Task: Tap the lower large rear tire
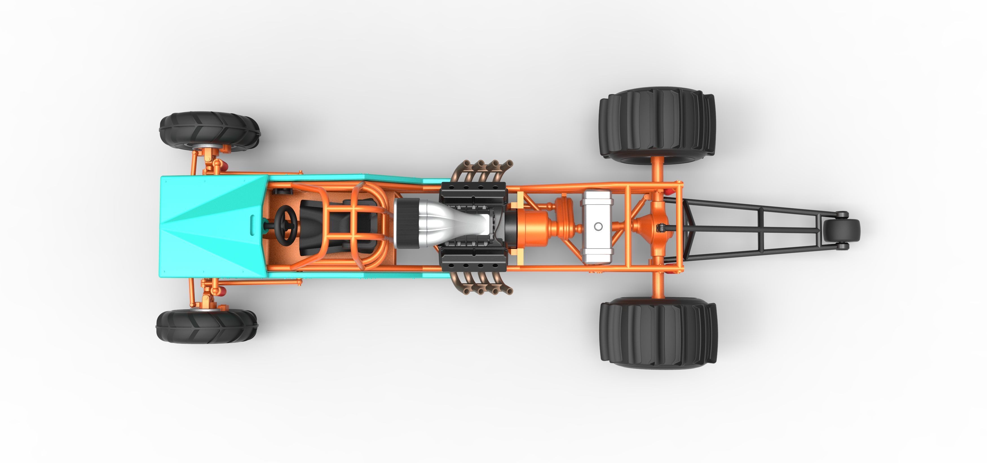click(x=658, y=333)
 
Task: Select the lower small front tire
click(x=207, y=326)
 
